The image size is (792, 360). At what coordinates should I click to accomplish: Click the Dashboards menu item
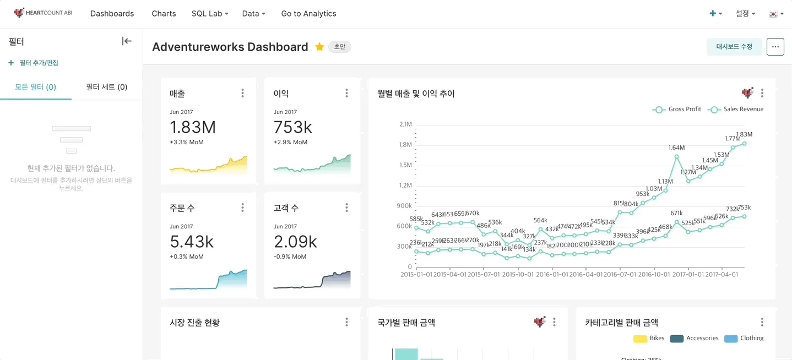112,14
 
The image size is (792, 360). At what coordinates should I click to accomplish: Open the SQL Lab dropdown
210,14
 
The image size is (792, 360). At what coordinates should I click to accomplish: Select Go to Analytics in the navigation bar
308,14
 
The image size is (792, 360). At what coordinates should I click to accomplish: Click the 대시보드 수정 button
734,47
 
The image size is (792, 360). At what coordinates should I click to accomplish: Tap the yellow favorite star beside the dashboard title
319,47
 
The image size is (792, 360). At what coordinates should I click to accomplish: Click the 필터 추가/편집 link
34,63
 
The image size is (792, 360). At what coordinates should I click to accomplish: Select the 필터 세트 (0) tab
107,87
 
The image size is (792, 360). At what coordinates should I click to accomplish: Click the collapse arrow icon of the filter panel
127,41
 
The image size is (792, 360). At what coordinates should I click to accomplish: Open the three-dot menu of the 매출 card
242,94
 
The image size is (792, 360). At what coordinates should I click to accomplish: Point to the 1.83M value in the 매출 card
193,127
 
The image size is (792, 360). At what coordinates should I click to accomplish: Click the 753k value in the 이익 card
293,127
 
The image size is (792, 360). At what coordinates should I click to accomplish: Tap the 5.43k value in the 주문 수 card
192,242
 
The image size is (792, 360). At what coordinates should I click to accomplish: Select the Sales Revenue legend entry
736,110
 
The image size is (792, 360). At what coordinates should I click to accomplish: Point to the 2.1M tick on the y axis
405,124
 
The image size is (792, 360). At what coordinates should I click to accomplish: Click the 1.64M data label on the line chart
676,148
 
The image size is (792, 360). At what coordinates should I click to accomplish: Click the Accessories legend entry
695,339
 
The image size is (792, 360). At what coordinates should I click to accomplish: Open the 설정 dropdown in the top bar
745,14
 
